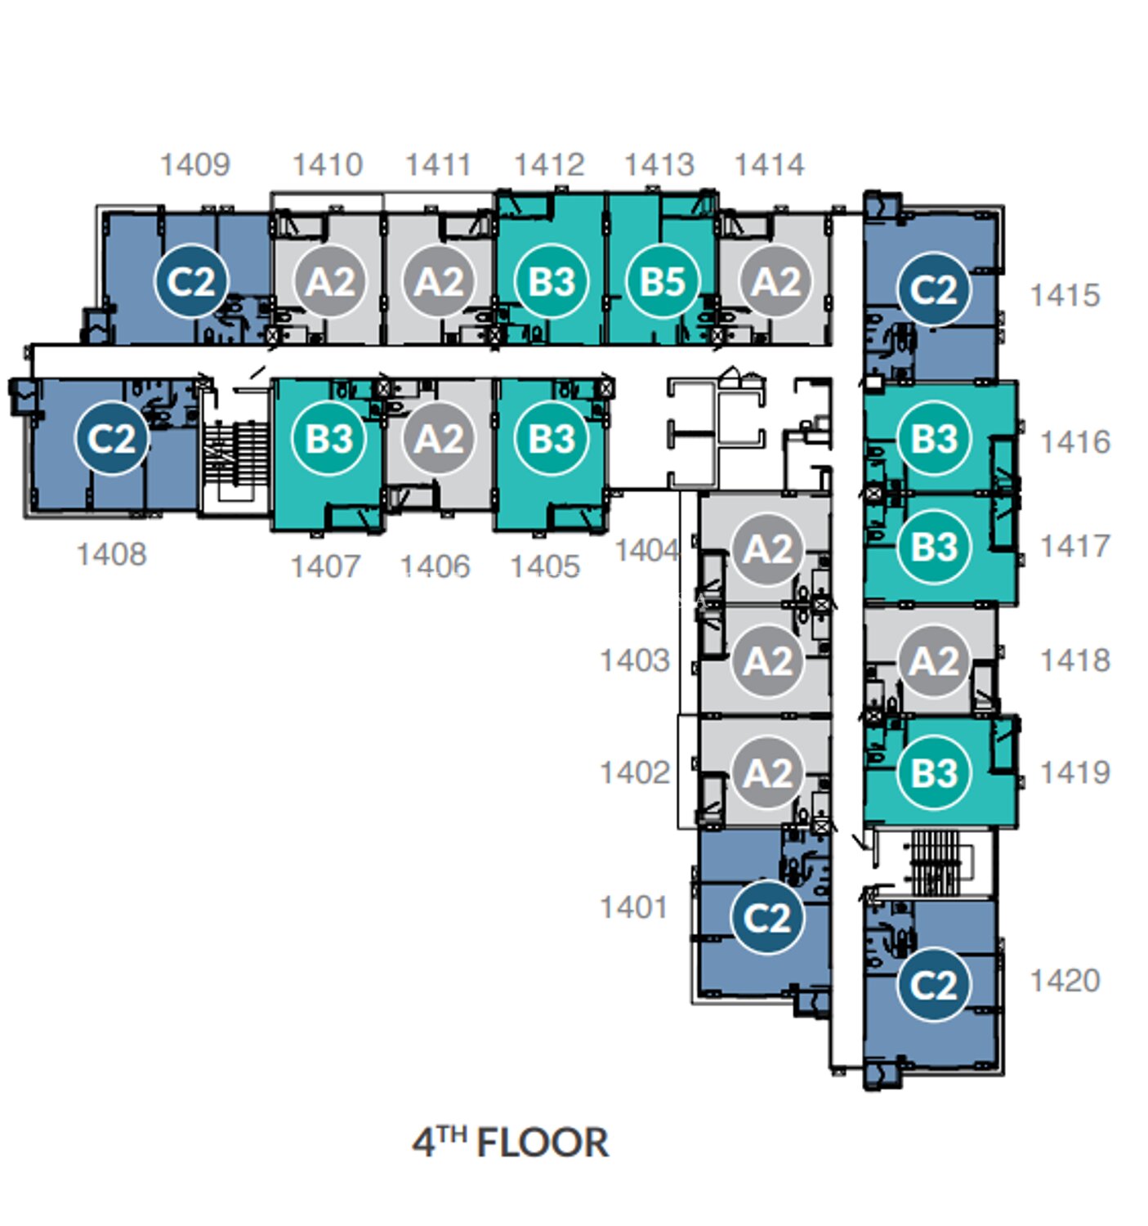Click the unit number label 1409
pos(195,165)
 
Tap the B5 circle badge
pos(663,281)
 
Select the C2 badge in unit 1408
pos(111,438)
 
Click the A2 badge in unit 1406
pos(438,438)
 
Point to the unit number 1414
pos(769,165)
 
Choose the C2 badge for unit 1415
pos(933,289)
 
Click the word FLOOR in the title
pos(543,1143)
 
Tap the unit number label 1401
pos(634,907)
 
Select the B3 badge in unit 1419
pos(933,772)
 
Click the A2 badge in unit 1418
pos(933,661)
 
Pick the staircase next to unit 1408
pos(236,453)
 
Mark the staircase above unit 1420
pos(937,862)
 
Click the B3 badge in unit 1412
pos(552,281)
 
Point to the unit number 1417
pos(1074,546)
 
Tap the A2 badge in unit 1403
pos(767,661)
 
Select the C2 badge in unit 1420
pos(933,985)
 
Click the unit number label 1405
pos(545,566)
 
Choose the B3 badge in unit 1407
pos(328,438)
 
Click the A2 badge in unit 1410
pos(330,281)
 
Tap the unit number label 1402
pos(635,772)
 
